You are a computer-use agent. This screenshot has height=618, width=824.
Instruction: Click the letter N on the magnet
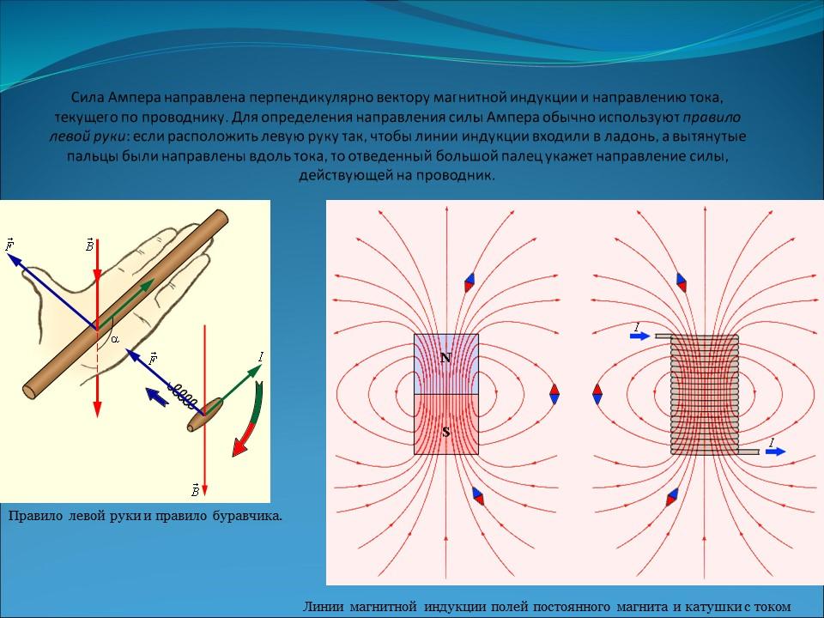445,359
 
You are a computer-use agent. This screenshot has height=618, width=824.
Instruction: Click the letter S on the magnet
446,433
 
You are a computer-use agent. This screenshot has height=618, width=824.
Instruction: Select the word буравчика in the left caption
247,516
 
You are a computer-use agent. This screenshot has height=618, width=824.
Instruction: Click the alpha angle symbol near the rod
115,340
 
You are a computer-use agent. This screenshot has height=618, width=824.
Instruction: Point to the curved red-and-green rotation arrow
248,421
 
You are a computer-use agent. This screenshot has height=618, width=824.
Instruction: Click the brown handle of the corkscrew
205,415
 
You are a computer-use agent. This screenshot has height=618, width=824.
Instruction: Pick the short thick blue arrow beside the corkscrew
156,397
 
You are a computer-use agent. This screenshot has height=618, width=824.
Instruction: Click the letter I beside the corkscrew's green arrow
261,358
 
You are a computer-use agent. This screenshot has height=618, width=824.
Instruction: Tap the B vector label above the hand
89,244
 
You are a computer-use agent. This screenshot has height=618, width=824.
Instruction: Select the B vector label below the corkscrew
195,490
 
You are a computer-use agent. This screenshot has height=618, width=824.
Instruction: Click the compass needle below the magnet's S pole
478,495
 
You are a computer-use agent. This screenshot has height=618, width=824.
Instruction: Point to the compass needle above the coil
681,282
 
